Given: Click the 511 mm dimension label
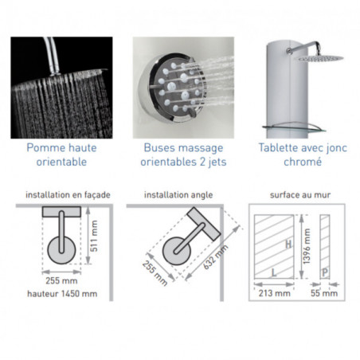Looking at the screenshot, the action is coord(94,236).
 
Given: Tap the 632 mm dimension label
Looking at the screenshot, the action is coord(216,257).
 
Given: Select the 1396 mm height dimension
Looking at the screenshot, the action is coord(307,246).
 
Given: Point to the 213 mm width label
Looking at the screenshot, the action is coord(275,293).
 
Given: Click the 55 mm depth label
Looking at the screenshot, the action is coord(324,293).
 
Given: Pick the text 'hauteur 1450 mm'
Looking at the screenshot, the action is coord(62,294).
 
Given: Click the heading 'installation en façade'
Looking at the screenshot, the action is coord(68,195).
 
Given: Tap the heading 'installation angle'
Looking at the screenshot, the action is coord(178,195).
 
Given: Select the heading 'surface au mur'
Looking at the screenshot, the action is coord(300,195).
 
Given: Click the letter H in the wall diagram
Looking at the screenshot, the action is coord(288,245).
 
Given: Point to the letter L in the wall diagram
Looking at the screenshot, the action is coord(274,272).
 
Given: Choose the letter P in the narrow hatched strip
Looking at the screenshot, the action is coord(325,272).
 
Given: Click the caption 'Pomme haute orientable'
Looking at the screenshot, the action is coord(61,155).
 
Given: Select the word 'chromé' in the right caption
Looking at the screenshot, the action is coord(303,162).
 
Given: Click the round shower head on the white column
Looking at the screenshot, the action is coord(320,59).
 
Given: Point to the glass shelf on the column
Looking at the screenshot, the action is coord(294,127).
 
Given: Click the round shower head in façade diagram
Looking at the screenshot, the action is coord(61,250).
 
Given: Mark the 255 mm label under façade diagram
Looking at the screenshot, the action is coord(61,281).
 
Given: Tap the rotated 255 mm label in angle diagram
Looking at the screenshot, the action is coord(155,273).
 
